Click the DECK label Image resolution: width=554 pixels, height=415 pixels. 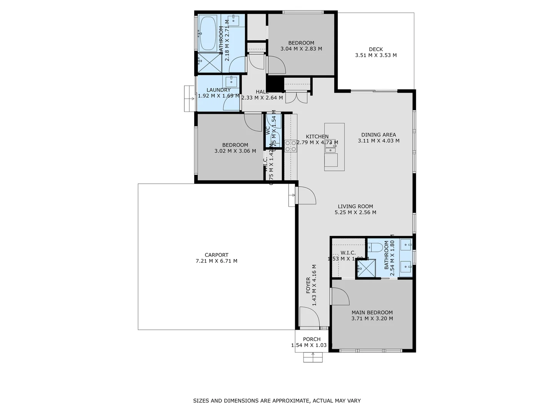tap(375, 49)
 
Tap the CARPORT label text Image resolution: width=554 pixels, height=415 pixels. tap(216, 255)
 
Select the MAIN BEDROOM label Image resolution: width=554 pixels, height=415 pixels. tap(372, 312)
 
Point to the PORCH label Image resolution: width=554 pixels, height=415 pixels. tap(312, 339)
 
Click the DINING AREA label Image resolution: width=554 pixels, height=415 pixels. tap(379, 134)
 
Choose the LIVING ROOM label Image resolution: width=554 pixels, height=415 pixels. tap(355, 206)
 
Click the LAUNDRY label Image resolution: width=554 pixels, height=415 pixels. tap(218, 90)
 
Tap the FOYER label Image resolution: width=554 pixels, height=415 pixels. tap(308, 285)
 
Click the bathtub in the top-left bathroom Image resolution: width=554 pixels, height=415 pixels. tap(208, 33)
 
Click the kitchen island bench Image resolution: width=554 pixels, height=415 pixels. tap(334, 147)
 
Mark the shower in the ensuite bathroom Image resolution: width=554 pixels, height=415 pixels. tap(365, 269)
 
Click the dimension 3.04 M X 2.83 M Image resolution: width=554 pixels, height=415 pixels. tap(301, 49)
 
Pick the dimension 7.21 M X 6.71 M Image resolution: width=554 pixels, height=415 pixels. tap(216, 261)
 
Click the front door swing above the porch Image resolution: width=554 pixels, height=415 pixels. tap(310, 317)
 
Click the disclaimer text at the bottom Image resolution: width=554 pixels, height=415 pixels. tap(277, 401)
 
